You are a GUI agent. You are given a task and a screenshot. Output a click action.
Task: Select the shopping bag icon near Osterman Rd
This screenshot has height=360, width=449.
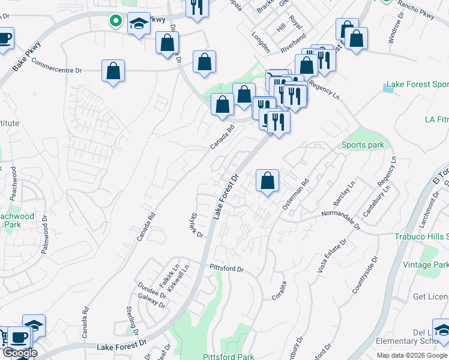pos(267,181)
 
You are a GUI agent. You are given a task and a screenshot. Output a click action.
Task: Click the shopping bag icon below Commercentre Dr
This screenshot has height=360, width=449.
pos(113,71)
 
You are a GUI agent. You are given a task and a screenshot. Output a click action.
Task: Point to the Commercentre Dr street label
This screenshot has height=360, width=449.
pos(56,66)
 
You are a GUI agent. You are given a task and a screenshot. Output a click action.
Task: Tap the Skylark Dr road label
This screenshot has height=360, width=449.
pos(196,226)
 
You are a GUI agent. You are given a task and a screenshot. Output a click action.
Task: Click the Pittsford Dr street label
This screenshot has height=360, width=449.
pos(226,268)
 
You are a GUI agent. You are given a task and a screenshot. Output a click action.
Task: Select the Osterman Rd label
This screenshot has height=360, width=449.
pos(295,193)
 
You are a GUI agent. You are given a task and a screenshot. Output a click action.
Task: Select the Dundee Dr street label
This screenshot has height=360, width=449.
pos(155,290)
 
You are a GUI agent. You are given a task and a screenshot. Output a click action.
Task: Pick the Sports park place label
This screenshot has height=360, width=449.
pos(363,145)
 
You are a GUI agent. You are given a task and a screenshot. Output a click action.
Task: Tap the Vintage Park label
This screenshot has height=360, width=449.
pos(425,265)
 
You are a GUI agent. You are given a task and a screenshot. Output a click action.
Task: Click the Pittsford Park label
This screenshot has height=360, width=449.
pos(228,356)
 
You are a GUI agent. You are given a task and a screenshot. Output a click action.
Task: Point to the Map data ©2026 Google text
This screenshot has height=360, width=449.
pos(411,355)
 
